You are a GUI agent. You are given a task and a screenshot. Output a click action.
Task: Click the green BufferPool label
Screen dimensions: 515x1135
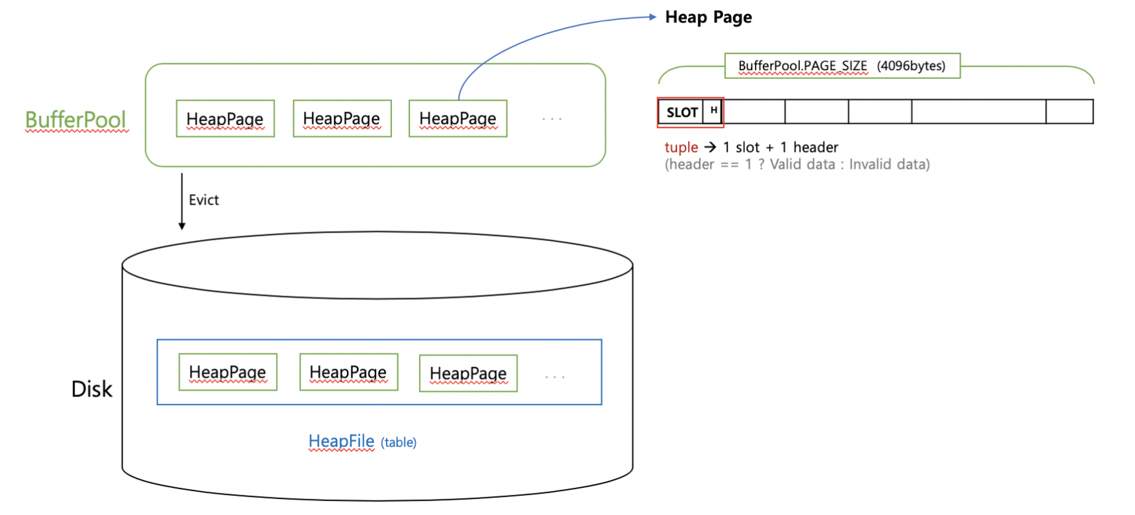(x=75, y=120)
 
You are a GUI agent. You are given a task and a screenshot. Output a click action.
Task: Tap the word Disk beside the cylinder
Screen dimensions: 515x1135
(x=91, y=389)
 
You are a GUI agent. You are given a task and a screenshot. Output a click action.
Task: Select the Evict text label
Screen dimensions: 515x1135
(x=203, y=200)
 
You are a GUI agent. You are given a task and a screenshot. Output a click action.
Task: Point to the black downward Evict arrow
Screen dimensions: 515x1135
(x=182, y=202)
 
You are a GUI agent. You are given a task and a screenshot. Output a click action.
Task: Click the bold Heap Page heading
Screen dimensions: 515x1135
(x=708, y=17)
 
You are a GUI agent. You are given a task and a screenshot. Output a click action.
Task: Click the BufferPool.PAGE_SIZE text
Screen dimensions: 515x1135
(x=802, y=66)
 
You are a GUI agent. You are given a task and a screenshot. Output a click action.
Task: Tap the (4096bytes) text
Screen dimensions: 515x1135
(x=911, y=66)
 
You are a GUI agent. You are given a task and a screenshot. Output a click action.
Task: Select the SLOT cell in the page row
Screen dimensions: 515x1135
(x=681, y=113)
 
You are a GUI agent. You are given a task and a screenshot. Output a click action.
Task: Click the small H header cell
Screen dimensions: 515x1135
(x=713, y=111)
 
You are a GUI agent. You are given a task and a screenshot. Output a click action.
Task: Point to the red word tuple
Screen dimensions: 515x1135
(x=681, y=147)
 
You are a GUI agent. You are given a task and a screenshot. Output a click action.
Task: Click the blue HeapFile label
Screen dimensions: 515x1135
(x=341, y=441)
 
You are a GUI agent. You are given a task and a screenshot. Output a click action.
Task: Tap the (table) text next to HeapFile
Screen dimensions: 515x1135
(x=399, y=442)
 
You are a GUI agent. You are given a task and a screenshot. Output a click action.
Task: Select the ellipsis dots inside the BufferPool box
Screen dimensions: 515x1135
(x=552, y=119)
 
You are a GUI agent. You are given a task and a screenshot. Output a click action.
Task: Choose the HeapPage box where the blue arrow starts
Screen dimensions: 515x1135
(x=458, y=118)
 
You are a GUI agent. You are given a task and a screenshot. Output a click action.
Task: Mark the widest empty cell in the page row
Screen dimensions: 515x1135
(x=978, y=111)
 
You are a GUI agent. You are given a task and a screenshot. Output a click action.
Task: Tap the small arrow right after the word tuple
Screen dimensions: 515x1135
(x=710, y=147)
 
